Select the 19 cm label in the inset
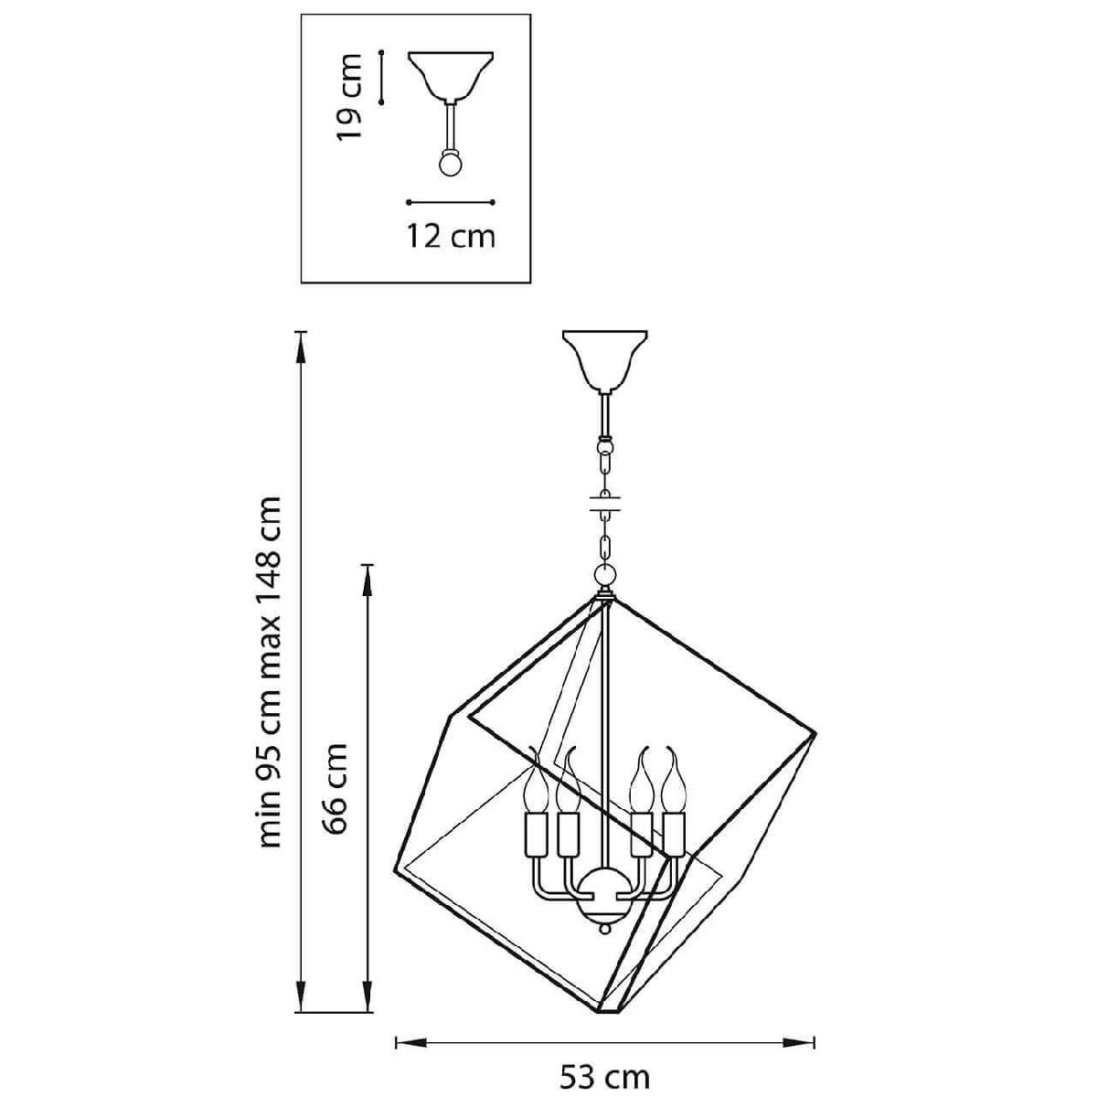coord(348,97)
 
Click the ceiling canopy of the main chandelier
coord(604,361)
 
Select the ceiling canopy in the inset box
coord(451,76)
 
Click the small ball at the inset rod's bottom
coord(451,165)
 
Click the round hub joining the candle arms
coord(604,900)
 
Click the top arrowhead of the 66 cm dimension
coord(368,580)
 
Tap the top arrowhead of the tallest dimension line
coord(301,347)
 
